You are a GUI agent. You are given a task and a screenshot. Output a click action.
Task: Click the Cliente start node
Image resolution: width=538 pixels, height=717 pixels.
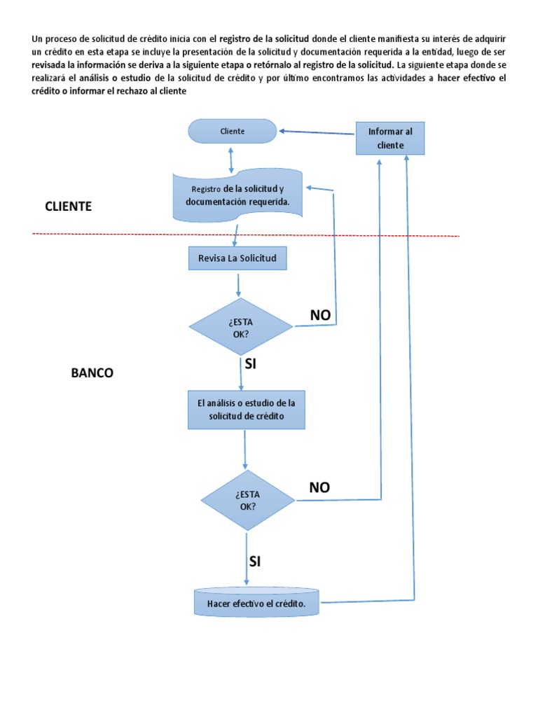tap(232, 131)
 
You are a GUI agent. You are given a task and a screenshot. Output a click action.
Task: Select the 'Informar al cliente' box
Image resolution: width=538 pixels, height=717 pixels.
tap(390, 138)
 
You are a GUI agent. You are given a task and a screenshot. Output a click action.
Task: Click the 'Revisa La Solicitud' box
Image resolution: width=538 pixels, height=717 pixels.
tap(237, 258)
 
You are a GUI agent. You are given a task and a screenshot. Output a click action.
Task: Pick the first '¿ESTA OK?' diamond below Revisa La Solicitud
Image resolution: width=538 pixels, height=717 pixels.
tap(240, 327)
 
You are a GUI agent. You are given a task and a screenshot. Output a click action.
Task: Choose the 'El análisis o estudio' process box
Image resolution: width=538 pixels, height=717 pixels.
tap(247, 410)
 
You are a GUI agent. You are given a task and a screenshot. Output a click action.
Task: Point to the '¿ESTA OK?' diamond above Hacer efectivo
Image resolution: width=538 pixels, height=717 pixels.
tap(248, 500)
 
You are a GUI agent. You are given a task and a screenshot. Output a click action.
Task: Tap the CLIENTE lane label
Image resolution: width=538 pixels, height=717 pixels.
tap(68, 207)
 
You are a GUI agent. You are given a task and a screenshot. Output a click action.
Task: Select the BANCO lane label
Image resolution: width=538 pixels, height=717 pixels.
tap(92, 373)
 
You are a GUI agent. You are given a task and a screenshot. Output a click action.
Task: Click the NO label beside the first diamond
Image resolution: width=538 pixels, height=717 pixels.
tap(320, 316)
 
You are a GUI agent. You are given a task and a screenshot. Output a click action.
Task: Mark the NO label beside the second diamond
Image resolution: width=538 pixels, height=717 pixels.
tap(319, 487)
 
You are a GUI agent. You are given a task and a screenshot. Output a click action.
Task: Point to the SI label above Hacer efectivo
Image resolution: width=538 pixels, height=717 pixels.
tap(255, 561)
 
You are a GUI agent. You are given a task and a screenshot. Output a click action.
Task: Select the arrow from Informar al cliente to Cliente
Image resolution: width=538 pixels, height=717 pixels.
tap(315, 132)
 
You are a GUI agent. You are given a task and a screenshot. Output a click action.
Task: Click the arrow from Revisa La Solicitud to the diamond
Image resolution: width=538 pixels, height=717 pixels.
tap(239, 284)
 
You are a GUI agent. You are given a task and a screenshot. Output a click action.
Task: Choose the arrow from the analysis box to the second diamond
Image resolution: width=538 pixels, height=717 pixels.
tap(245, 450)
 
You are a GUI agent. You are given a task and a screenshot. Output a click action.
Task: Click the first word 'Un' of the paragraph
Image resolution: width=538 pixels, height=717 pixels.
tap(38, 38)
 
